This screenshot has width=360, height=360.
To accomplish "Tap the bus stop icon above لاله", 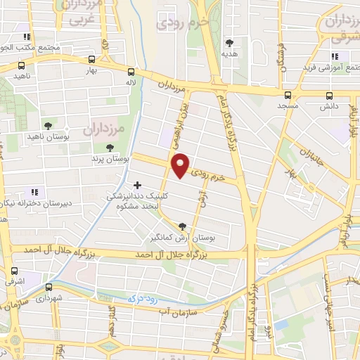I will point(131,72).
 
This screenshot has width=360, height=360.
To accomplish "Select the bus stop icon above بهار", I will point(90,60).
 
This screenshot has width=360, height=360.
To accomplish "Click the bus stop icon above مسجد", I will point(288,95).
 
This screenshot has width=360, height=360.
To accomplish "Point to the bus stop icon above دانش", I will point(329,96).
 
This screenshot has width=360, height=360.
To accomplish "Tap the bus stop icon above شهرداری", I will point(49,287).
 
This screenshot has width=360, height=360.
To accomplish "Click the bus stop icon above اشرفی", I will point(14,271).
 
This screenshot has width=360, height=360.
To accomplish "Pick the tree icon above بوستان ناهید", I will point(47,124).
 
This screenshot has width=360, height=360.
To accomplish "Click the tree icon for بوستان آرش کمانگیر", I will point(184,226).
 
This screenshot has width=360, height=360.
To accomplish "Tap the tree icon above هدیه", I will point(229,43).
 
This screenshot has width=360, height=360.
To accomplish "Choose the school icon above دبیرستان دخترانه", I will point(33,192).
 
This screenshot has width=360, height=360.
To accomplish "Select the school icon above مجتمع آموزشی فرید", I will point(336,56).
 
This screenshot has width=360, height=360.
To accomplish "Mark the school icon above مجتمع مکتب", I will point(28,37).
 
